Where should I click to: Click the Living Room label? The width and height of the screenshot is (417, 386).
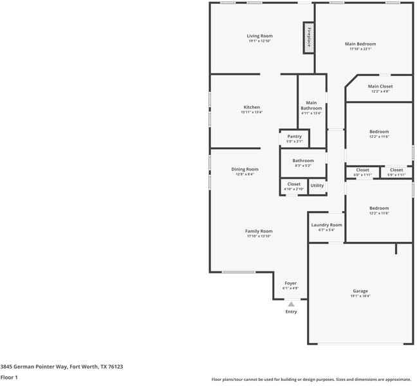tap(260, 36)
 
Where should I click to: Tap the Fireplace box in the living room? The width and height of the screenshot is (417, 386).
tap(309, 37)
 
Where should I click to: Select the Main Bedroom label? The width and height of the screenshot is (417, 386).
tap(362, 44)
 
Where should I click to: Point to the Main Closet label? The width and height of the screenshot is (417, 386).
tap(380, 86)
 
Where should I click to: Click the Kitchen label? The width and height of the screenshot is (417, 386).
tap(252, 107)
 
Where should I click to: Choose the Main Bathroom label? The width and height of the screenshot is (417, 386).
tap(311, 106)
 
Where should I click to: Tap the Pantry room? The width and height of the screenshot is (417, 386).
tap(294, 138)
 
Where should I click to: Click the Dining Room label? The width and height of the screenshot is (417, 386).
tap(245, 169)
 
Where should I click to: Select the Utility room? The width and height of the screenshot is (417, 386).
tap(317, 186)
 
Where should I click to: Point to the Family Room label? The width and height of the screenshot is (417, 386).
tap(259, 231)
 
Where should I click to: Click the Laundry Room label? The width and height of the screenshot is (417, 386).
tap(327, 225)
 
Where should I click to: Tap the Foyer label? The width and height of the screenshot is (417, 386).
tap(291, 283)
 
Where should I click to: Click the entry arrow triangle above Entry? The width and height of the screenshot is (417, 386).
tap(291, 304)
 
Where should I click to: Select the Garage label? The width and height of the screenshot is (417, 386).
tap(360, 291)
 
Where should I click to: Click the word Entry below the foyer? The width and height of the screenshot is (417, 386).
tap(292, 312)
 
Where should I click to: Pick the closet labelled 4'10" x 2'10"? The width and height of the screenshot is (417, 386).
tap(294, 186)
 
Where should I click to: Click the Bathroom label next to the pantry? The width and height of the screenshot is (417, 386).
tap(303, 161)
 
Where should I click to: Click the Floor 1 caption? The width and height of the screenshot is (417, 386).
tap(9, 377)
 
